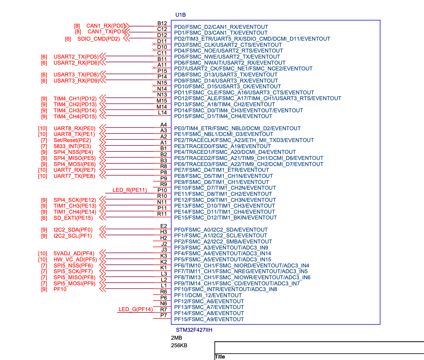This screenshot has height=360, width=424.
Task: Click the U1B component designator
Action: tap(180, 15)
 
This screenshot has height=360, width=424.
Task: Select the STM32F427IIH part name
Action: tap(194, 330)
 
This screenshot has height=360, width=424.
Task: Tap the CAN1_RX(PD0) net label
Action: tap(106, 26)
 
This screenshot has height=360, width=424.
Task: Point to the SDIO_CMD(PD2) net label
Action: tap(98, 39)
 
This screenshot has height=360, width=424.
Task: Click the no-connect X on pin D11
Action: tap(154, 44)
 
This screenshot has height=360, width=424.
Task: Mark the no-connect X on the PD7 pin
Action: tap(154, 68)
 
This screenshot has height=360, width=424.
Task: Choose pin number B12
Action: tap(162, 23)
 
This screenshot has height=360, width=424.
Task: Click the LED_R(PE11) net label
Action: tap(130, 190)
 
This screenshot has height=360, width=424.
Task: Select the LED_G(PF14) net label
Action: tap(136, 309)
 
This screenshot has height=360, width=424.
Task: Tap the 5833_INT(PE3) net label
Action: tap(72, 146)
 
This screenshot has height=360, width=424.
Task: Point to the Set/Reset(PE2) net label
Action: tap(72, 140)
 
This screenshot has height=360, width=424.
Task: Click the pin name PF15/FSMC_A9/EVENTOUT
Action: tap(209, 319)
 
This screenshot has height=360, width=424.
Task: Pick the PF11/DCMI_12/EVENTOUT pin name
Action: tap(208, 295)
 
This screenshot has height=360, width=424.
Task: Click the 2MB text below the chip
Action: tap(176, 338)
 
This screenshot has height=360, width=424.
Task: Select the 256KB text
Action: tap(179, 345)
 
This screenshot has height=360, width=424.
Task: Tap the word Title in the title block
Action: tap(220, 357)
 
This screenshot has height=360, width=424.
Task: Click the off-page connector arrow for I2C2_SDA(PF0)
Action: tap(103, 229)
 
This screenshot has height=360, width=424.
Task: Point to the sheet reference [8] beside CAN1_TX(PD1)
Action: tap(78, 32)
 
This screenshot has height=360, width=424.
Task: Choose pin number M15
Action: tap(162, 101)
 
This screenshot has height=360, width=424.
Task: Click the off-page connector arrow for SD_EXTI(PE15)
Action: tap(103, 217)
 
